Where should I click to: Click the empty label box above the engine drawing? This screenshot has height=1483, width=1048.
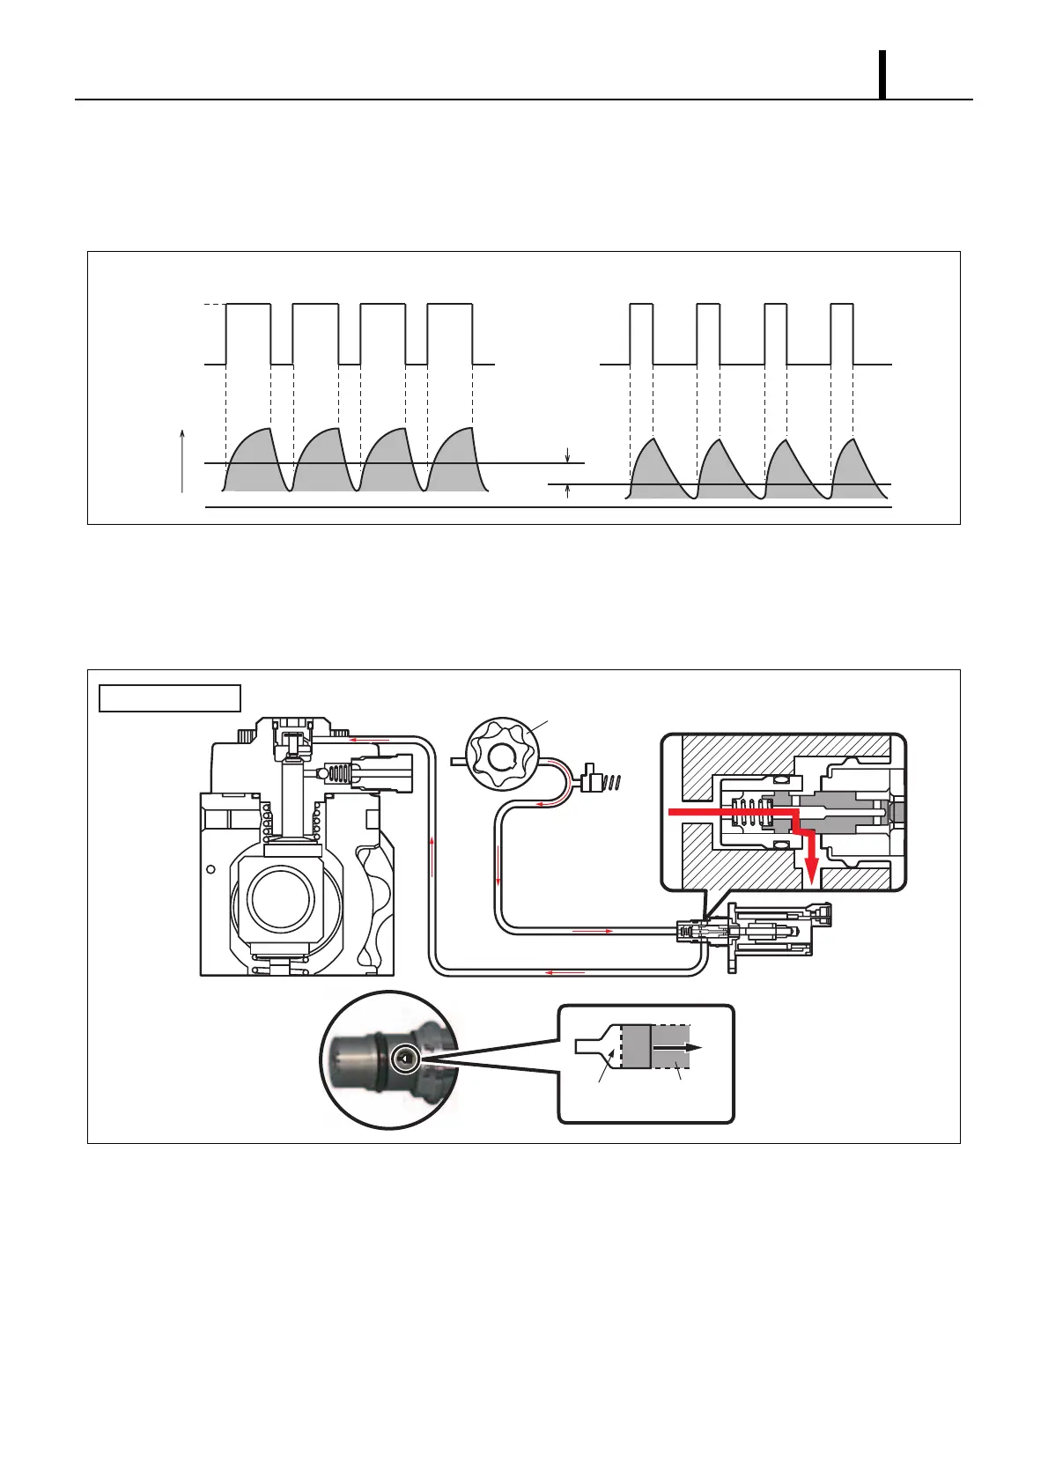(x=169, y=697)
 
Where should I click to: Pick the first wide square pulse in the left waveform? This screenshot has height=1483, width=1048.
(x=248, y=334)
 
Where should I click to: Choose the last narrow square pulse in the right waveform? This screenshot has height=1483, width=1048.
(x=842, y=334)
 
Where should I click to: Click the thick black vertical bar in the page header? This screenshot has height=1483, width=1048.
(x=882, y=75)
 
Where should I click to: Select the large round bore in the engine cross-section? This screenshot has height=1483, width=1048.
(x=281, y=899)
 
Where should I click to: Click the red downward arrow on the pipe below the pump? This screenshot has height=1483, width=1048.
(x=498, y=871)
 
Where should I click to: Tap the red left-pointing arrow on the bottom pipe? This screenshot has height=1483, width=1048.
(x=565, y=972)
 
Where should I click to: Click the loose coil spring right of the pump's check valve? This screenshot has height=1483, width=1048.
(x=618, y=780)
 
